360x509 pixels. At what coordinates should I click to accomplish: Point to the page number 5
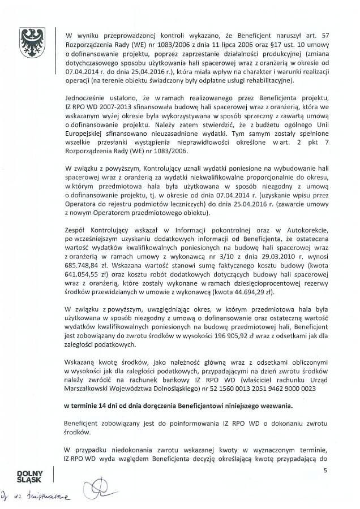325,471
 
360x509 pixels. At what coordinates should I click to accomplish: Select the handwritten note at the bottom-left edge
34,497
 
